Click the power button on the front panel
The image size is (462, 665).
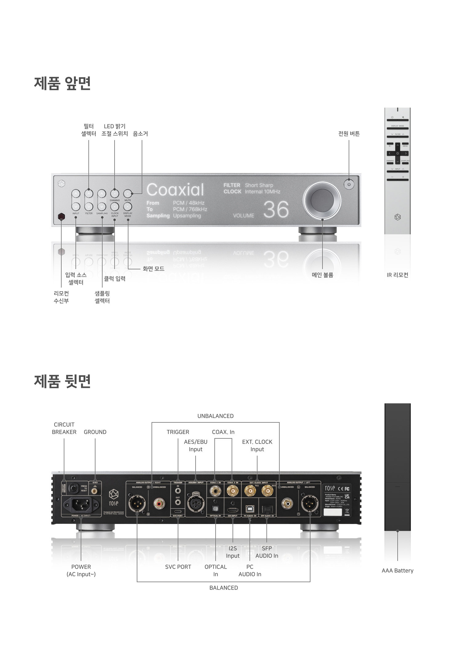(349, 184)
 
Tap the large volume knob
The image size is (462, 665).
(322, 200)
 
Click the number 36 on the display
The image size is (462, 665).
(276, 210)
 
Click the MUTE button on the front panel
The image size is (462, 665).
(128, 193)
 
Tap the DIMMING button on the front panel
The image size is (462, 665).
(115, 193)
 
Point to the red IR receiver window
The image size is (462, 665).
(62, 217)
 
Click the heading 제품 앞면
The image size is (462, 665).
(62, 83)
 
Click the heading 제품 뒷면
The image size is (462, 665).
(62, 381)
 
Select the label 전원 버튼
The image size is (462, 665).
(349, 134)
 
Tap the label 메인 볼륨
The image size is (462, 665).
(322, 275)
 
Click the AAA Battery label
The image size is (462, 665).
(397, 570)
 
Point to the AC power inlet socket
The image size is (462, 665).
(81, 504)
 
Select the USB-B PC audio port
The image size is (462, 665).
(249, 509)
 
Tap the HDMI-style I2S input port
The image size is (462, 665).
(233, 510)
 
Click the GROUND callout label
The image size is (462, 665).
(95, 432)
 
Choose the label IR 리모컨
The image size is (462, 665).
(397, 275)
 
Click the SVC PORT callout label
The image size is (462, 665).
(178, 567)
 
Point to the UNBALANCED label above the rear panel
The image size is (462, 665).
(215, 416)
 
